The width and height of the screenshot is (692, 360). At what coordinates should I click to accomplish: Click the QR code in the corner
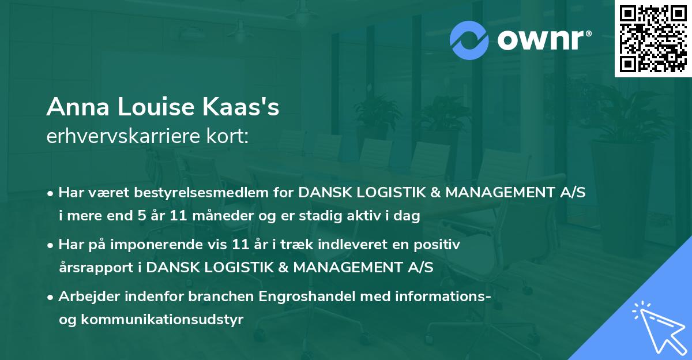tap(653, 39)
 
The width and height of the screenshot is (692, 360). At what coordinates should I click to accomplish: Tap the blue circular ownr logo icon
tap(469, 40)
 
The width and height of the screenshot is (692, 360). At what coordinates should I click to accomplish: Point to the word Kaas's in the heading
tap(241, 107)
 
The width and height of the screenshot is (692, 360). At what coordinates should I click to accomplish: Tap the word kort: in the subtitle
tap(227, 136)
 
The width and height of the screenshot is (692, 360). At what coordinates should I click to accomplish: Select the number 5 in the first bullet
tap(142, 215)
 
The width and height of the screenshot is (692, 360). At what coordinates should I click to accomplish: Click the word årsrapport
tap(96, 268)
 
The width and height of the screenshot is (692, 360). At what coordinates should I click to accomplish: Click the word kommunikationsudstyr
tap(162, 319)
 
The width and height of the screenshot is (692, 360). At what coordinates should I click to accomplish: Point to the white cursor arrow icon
tap(660, 329)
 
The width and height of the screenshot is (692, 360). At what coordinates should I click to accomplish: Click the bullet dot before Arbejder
tap(50, 298)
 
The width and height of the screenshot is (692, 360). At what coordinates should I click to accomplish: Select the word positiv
tap(437, 245)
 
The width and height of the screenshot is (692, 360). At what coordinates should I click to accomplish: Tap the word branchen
tap(221, 296)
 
